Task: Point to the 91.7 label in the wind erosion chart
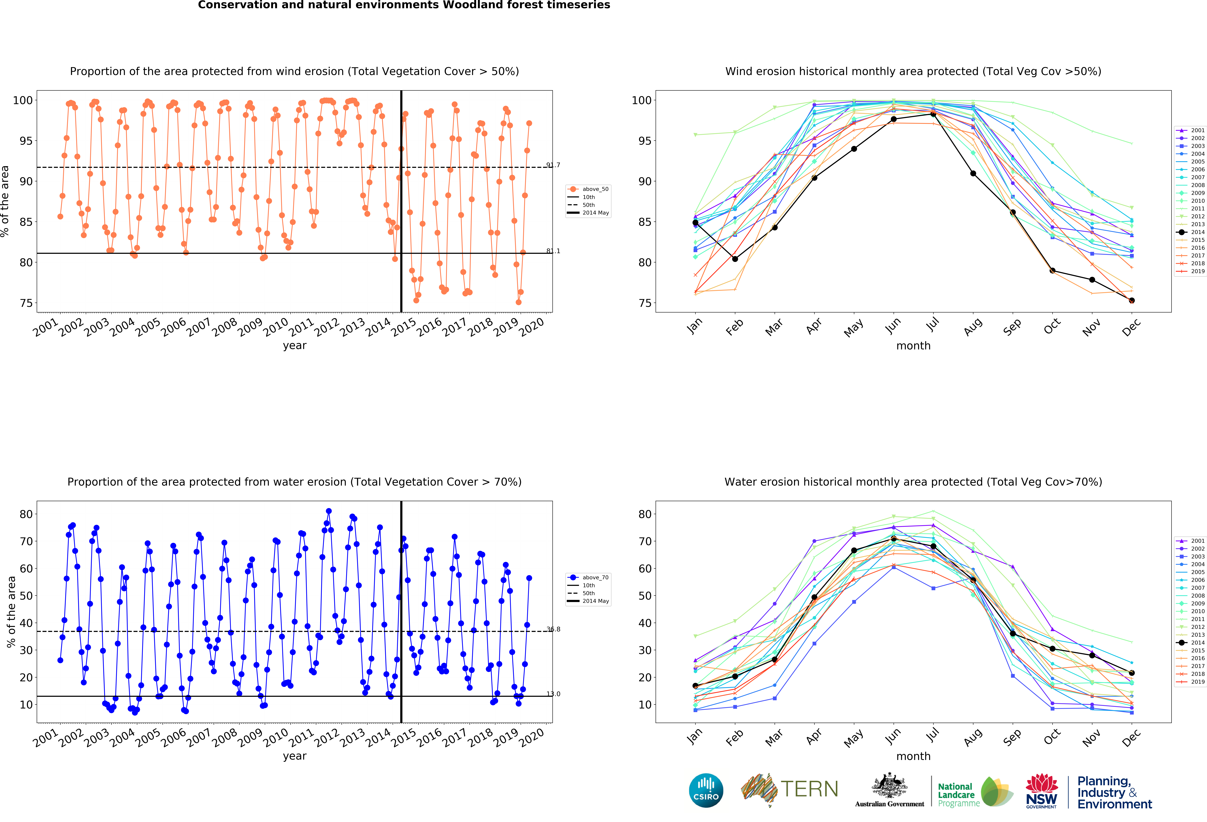(553, 165)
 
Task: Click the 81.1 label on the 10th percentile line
(553, 251)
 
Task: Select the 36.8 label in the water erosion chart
(553, 629)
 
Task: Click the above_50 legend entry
(588, 189)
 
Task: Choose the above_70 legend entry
(588, 578)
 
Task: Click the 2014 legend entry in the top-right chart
(1191, 232)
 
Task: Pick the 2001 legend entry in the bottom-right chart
(1191, 541)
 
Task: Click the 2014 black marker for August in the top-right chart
(973, 173)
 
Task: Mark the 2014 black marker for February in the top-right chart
(735, 259)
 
